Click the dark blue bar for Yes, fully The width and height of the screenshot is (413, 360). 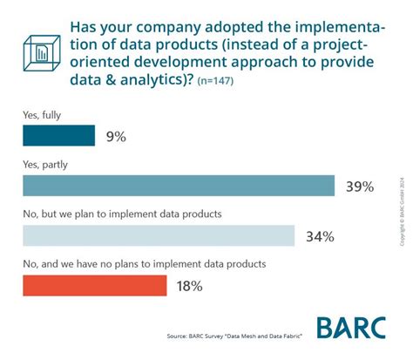pyautogui.click(x=58, y=136)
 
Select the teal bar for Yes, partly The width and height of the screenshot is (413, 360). pyautogui.click(x=178, y=186)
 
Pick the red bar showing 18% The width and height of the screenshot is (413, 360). pyautogui.click(x=93, y=285)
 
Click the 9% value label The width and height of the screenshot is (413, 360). pyautogui.click(x=118, y=137)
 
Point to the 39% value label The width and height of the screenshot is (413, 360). pyautogui.click(x=359, y=187)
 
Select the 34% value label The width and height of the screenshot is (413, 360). pyautogui.click(x=320, y=236)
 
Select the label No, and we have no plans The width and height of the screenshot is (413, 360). pyautogui.click(x=143, y=263)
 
